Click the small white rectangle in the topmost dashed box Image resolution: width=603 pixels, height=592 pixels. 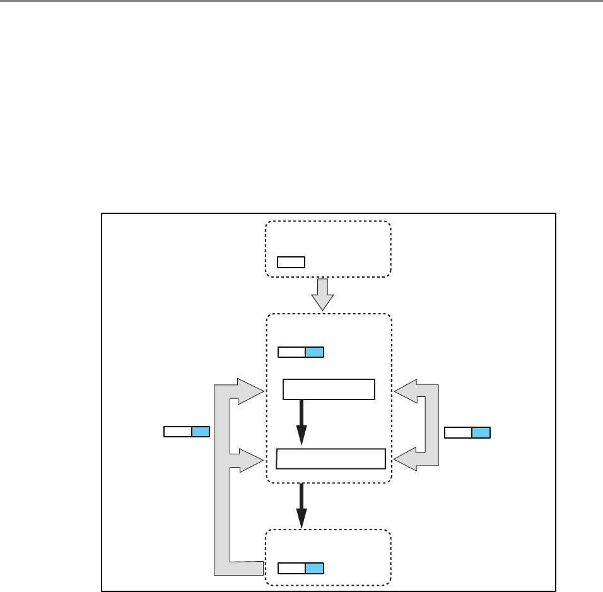click(x=291, y=262)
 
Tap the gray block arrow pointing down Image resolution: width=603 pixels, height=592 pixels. click(x=323, y=294)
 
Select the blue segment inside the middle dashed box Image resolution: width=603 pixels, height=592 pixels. click(x=314, y=352)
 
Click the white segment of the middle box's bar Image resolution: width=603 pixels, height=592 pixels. click(x=291, y=352)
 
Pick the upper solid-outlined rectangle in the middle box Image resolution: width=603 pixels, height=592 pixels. click(x=329, y=389)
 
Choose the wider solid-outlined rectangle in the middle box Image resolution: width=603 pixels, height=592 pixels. click(x=331, y=459)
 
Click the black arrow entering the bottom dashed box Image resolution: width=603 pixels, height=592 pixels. click(x=301, y=505)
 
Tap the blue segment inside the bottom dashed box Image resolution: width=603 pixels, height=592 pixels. click(x=314, y=568)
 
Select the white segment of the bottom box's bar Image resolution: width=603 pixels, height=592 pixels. click(x=291, y=568)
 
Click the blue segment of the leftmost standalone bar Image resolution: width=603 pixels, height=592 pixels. click(x=201, y=432)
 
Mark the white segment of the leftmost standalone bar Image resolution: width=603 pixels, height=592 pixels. click(x=177, y=432)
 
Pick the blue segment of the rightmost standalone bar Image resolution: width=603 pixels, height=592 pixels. click(x=481, y=432)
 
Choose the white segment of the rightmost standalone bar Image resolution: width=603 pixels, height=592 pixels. click(x=458, y=432)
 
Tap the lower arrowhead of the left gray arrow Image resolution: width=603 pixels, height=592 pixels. click(x=250, y=460)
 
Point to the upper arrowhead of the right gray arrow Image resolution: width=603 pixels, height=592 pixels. click(x=407, y=391)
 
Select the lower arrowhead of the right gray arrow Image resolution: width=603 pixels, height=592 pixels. click(x=407, y=460)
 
